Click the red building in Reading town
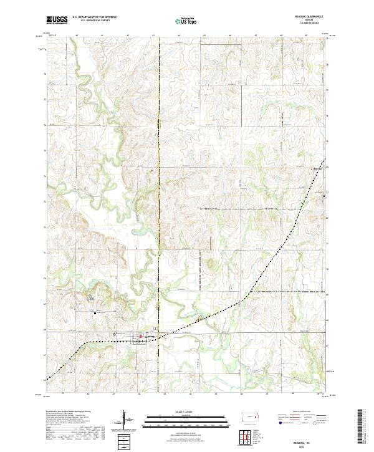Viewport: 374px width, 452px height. [x=141, y=337]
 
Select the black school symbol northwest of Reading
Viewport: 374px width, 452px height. [x=95, y=312]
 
